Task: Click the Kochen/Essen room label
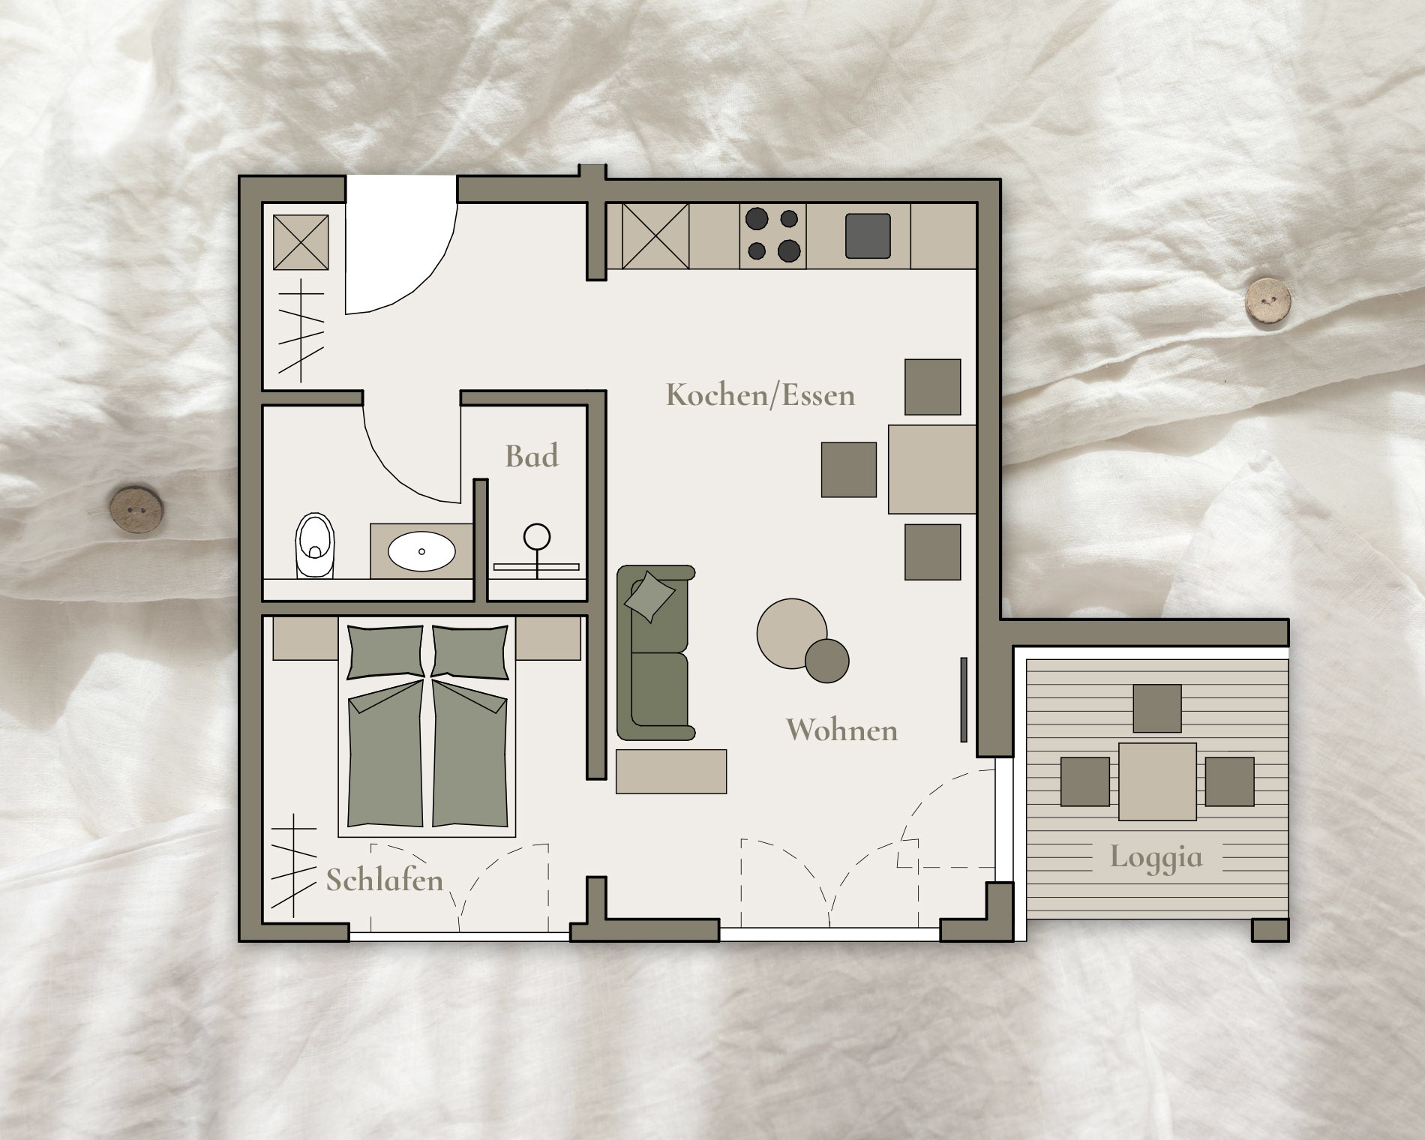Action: [x=760, y=394]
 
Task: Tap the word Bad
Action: [x=532, y=456]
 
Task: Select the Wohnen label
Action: [x=841, y=729]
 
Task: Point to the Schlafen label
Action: [x=384, y=879]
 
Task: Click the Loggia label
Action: [x=1156, y=856]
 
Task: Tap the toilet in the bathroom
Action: [x=315, y=545]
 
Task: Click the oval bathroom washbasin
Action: [x=421, y=551]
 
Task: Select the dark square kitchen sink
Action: [x=868, y=235]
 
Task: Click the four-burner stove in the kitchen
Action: [x=773, y=235]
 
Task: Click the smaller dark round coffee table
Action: [x=826, y=661]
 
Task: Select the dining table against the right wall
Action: [x=932, y=469]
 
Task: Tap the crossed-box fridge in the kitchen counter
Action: [x=655, y=235]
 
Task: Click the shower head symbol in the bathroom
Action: [x=537, y=537]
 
